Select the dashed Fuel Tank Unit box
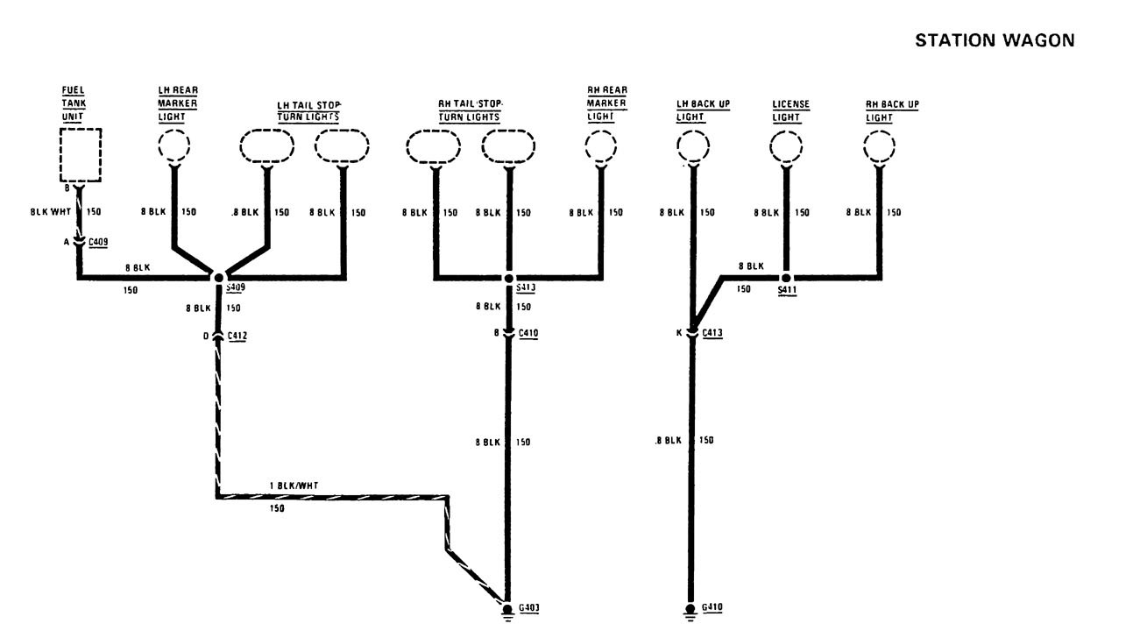[80, 155]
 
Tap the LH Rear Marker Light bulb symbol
[174, 145]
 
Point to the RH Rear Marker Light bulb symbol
[602, 145]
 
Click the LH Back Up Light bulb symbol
[694, 145]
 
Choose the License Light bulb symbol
[786, 145]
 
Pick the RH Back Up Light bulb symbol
[880, 145]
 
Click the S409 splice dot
[218, 278]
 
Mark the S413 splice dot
[508, 278]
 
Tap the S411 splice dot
[786, 278]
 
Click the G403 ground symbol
[508, 609]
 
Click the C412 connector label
[237, 336]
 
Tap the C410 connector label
[528, 333]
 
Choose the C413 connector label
[712, 333]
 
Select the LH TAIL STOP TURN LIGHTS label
[308, 110]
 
